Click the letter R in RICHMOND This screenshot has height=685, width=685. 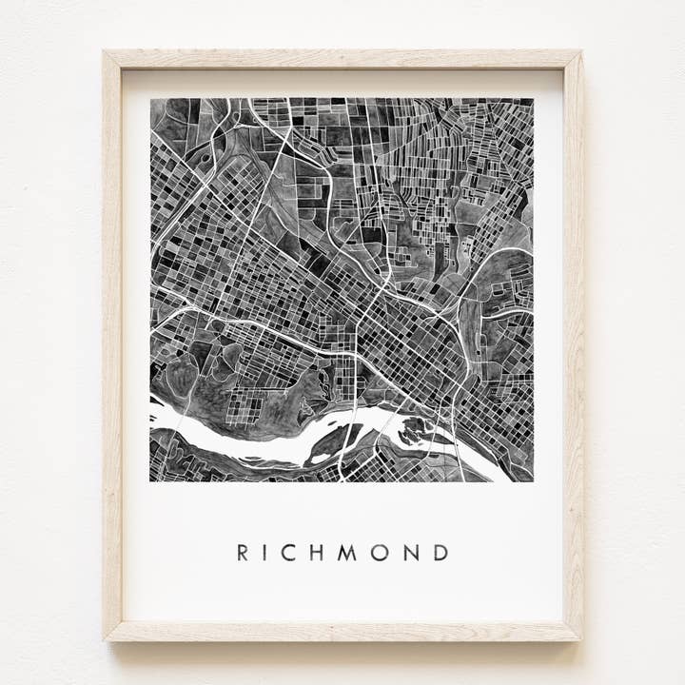tap(243, 553)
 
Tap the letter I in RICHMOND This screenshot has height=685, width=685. tap(266, 553)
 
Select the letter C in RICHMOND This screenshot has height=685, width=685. tap(289, 553)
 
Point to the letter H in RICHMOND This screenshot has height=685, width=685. tap(317, 553)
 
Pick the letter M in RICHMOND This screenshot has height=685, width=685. tap(347, 553)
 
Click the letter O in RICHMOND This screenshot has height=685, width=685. tap(379, 553)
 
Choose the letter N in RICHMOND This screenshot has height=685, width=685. tap(409, 553)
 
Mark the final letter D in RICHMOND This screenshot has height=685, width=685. tap(439, 553)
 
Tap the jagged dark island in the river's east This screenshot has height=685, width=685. tap(415, 433)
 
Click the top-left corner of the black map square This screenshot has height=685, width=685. tap(151, 99)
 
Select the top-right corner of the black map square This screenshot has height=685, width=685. tap(533, 99)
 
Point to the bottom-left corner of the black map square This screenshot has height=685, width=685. tap(151, 480)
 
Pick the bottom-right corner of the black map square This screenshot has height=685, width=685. tap(533, 480)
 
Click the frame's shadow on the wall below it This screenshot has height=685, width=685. tap(342, 645)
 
